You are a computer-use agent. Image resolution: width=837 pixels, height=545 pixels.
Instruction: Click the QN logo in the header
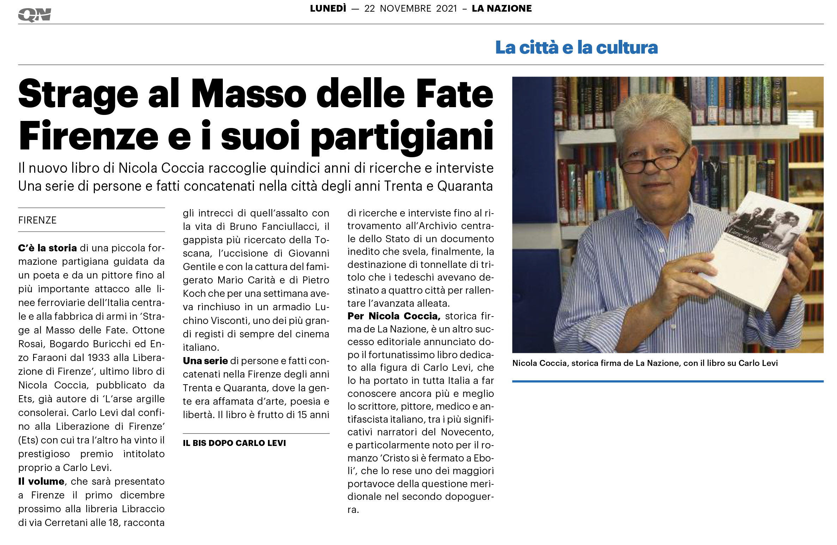coord(35,15)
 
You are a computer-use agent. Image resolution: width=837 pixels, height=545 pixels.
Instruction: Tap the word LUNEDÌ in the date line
coord(328,8)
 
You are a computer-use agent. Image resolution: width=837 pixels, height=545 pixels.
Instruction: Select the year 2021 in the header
coord(446,8)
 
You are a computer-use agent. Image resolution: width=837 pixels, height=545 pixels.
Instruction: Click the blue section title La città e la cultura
coord(576,48)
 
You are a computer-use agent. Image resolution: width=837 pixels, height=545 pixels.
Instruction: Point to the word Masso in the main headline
coord(249,94)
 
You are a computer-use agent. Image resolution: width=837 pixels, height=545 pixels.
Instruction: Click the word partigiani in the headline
coord(402,137)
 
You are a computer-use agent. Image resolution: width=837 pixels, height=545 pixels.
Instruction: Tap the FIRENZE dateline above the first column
coord(37,220)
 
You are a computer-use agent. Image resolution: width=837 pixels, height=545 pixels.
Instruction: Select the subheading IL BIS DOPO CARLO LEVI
coord(234,443)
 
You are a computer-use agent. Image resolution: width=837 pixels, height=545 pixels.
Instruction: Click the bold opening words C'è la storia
coord(47,248)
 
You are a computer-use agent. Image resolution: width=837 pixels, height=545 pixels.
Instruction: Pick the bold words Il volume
coord(41,482)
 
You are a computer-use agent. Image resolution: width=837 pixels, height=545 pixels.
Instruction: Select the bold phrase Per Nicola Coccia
coord(394,316)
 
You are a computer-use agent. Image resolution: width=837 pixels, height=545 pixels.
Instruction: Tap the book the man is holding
coord(758,247)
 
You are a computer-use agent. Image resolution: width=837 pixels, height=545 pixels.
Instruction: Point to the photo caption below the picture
coord(645,363)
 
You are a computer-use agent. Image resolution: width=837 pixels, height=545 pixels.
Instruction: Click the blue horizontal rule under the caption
coord(667,381)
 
